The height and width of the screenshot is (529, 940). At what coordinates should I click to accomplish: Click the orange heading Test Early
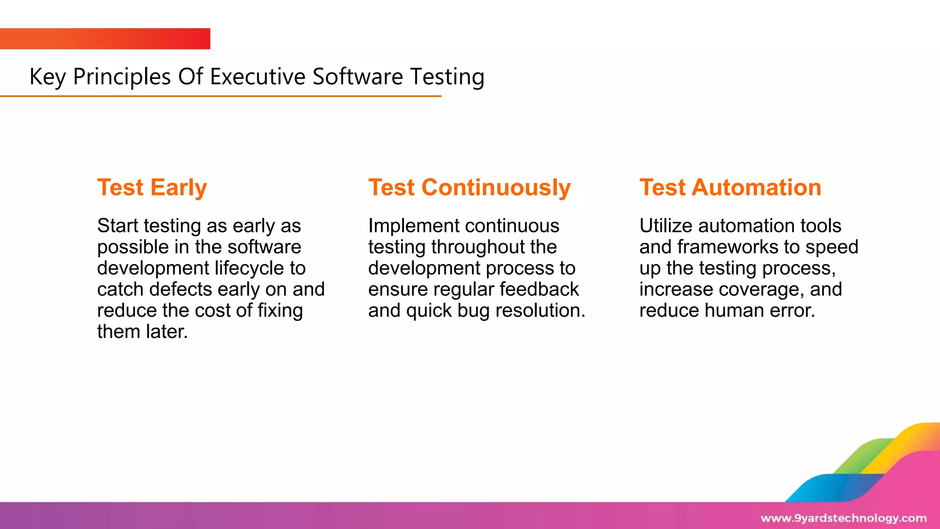tap(152, 188)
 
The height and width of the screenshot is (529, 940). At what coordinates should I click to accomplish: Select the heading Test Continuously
tap(469, 188)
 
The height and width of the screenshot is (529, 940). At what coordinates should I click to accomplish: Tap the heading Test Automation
tap(730, 188)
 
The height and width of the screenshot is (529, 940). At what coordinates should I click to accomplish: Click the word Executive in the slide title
tap(257, 77)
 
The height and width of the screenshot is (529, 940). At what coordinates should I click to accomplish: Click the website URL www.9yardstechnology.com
tap(843, 518)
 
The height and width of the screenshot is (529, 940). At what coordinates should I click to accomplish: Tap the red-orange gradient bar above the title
tap(105, 39)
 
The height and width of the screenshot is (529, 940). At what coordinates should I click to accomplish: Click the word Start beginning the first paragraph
tap(117, 226)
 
